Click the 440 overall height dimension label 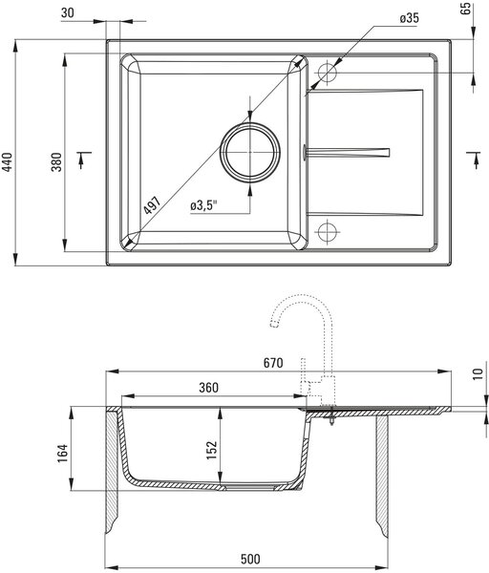click(x=7, y=162)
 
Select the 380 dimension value click(x=56, y=162)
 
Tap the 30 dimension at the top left click(x=67, y=12)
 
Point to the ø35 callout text click(x=410, y=18)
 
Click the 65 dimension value click(x=466, y=9)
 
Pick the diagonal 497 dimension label click(x=152, y=205)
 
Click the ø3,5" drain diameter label click(x=203, y=205)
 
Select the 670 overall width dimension click(x=273, y=363)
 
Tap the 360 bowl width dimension click(x=208, y=388)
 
